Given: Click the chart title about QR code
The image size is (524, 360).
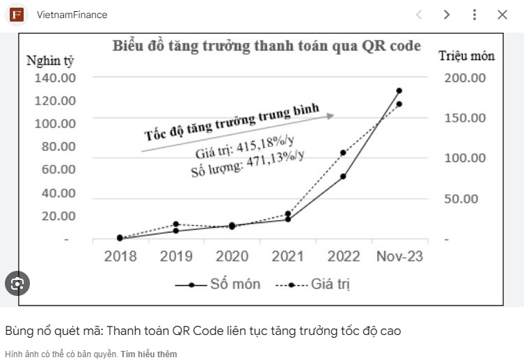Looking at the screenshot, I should tap(267, 47).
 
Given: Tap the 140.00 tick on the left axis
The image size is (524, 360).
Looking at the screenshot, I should tap(55, 77).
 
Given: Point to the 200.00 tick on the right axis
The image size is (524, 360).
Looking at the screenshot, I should tap(465, 77).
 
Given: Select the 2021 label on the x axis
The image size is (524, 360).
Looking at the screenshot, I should tap(287, 256).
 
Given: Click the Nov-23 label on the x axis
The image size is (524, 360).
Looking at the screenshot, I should tap(399, 256).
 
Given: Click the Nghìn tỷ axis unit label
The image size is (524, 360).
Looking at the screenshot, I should tap(49, 60).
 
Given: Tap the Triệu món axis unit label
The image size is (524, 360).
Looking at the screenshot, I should tap(466, 56).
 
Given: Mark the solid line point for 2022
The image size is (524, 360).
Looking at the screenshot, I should tap(343, 176).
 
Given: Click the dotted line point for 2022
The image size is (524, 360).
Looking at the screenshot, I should tap(343, 152).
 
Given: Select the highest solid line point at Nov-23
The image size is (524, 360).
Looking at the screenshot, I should tap(399, 91).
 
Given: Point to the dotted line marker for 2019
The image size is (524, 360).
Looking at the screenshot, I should tap(176, 224).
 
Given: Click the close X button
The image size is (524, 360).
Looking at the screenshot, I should tap(502, 15).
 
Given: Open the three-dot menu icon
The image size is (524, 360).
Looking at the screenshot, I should tap(474, 15).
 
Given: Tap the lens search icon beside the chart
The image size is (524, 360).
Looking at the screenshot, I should tap(17, 283).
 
